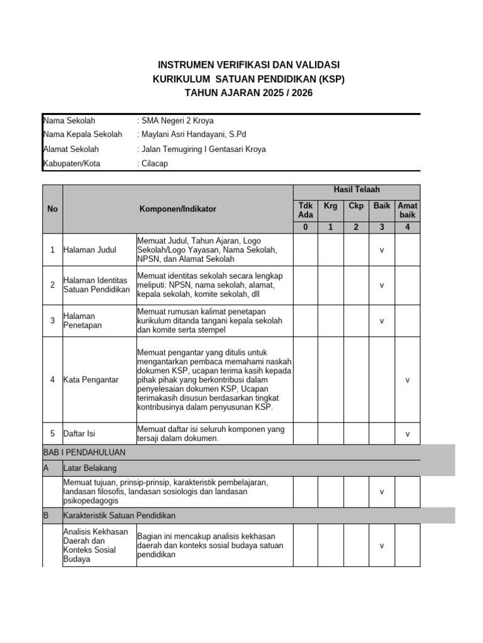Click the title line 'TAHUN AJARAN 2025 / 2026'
248,93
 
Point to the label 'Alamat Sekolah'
71,149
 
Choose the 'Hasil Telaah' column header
356,190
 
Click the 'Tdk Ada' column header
305,210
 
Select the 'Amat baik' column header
408,210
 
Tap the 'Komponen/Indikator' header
178,209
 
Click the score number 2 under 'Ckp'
356,227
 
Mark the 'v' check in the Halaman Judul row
382,250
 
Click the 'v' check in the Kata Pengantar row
408,381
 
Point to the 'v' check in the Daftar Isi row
408,434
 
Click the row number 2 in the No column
52,285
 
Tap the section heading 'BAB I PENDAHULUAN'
84,452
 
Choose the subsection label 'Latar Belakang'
90,468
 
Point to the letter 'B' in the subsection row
46,516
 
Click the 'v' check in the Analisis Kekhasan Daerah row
382,546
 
